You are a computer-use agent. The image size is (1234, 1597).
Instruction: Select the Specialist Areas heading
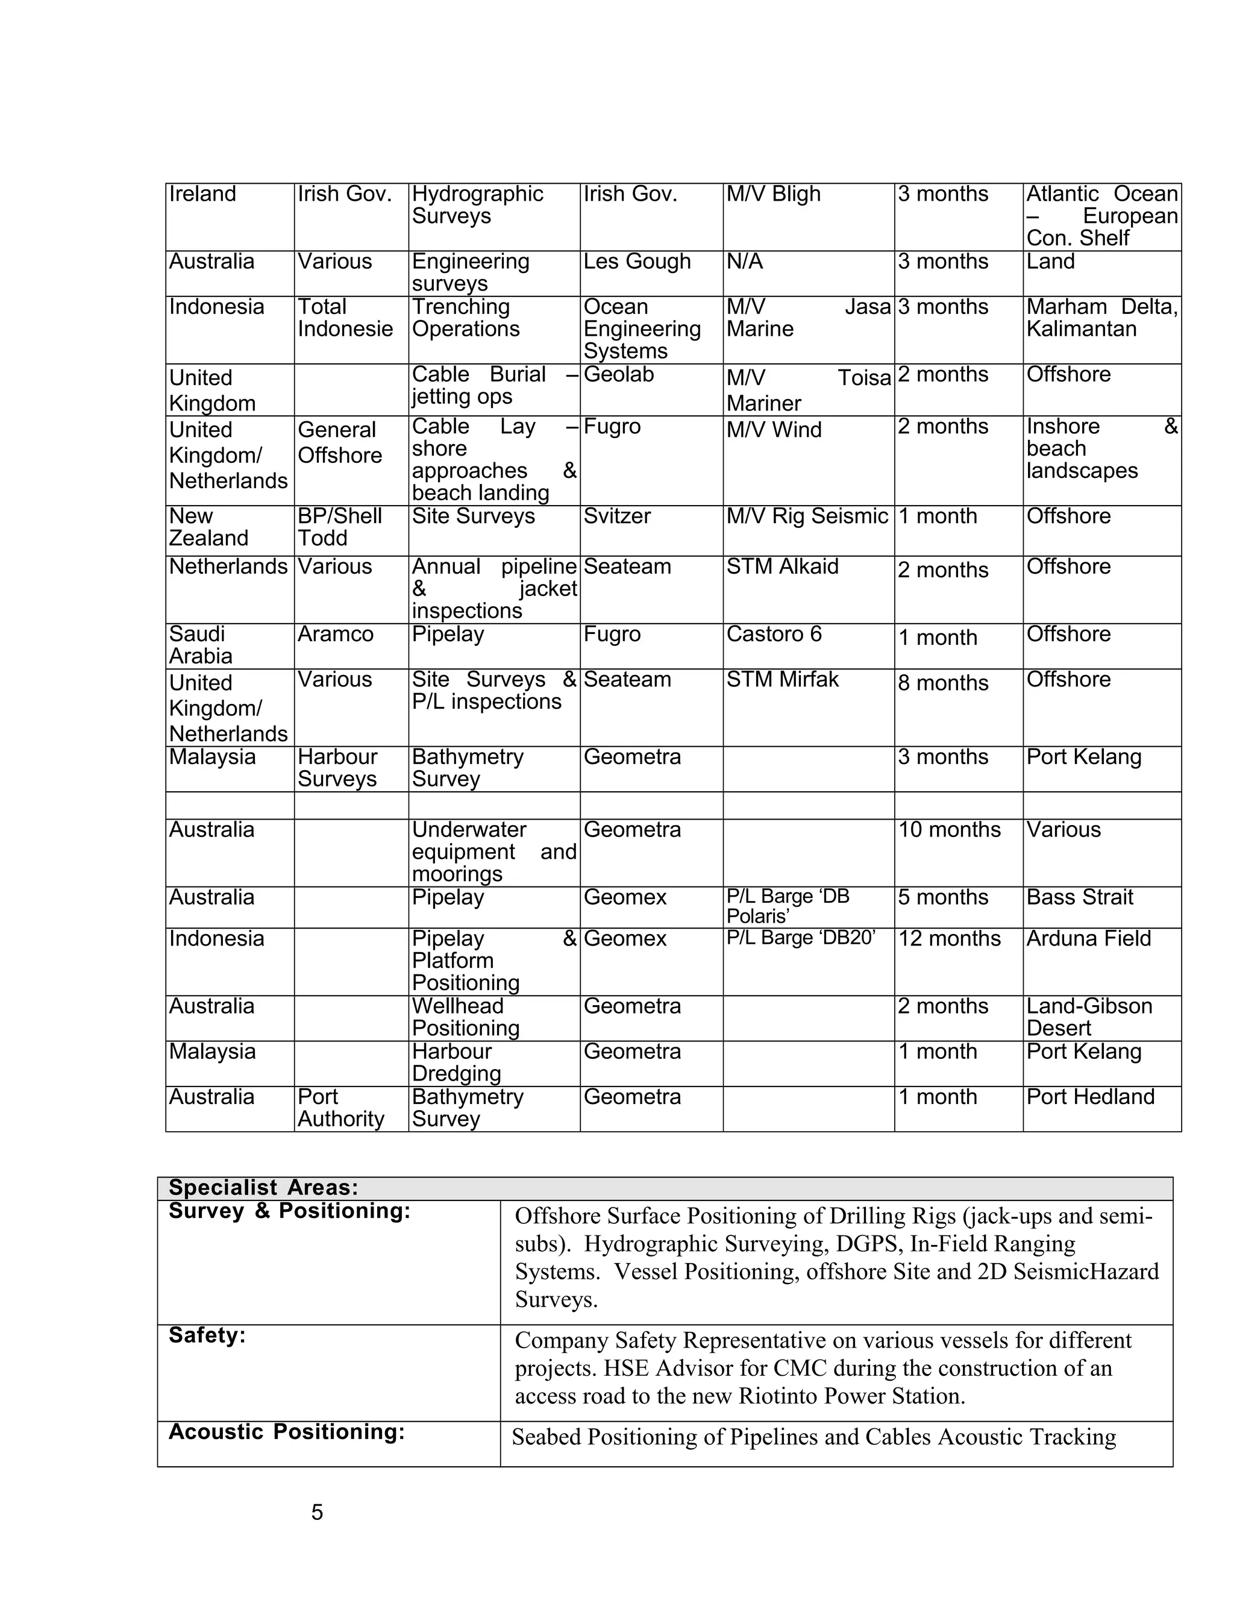tap(263, 1188)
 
